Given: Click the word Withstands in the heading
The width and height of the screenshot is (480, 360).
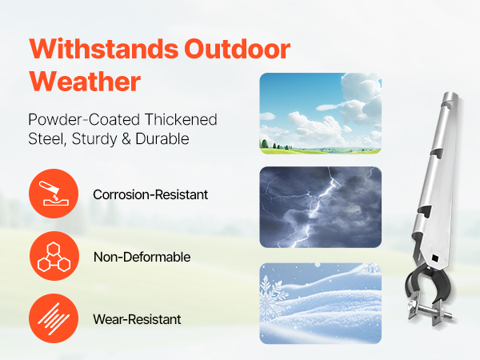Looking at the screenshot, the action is coord(104,49).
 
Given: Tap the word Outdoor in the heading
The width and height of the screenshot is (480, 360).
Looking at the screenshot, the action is coord(238,49).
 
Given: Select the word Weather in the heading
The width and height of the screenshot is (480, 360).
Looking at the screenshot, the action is coord(85,81).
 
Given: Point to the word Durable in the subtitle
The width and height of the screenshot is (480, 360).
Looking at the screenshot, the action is coord(162,138).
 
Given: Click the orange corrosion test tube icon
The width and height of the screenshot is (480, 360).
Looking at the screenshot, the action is coord(54,194).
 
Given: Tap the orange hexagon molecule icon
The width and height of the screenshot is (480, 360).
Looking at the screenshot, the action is coord(54,256).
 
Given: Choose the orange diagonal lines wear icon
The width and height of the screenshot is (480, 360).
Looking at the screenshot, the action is coord(54,318).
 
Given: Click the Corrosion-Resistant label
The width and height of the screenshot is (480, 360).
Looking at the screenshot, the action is coord(150,194).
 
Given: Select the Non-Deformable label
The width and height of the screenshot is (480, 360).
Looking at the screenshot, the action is coord(142,257).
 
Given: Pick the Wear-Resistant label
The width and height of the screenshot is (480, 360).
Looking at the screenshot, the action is coord(137,319).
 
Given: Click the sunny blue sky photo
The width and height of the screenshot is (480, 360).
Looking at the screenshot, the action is coord(321,114).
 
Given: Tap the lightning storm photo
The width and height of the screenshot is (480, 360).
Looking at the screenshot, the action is coord(321,207).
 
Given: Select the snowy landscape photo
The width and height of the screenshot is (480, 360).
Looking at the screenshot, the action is coord(321,303).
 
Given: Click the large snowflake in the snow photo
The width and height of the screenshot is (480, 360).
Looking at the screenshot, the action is coord(272,296).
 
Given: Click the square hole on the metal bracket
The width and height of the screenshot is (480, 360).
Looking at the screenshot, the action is coord(435,258).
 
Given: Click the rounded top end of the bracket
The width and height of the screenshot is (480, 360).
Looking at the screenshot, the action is coord(450,98).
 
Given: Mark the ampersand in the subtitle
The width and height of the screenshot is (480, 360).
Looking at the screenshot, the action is coord(126,139).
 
